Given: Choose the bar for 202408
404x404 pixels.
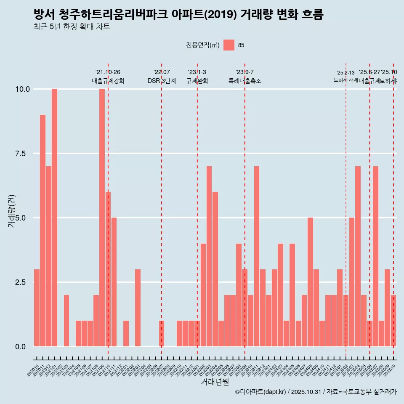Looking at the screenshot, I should pyautogui.click(x=310, y=282).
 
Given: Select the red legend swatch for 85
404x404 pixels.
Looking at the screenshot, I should pyautogui.click(x=229, y=45).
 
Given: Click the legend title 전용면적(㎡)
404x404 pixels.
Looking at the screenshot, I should pyautogui.click(x=202, y=45).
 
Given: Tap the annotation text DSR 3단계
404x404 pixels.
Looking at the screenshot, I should pyautogui.click(x=162, y=81).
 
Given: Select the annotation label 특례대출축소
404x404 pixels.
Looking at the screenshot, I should pyautogui.click(x=245, y=81).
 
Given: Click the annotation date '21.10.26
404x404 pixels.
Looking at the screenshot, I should pyautogui.click(x=108, y=72).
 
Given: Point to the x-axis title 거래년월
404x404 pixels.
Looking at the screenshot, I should pyautogui.click(x=215, y=382).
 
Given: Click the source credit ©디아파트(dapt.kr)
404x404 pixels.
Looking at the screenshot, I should pyautogui.click(x=261, y=392).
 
